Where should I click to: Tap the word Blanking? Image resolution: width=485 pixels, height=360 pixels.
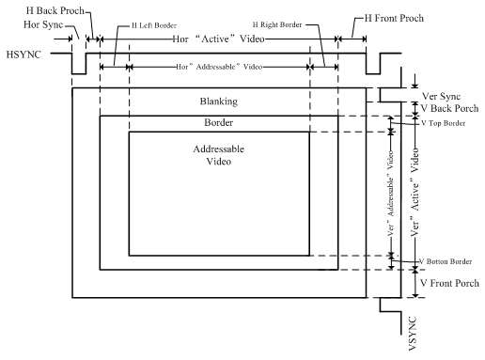pyautogui.click(x=218, y=102)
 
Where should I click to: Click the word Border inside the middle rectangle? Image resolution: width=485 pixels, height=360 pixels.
pyautogui.click(x=217, y=123)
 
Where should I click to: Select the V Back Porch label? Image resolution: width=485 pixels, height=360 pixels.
pyautogui.click(x=449, y=110)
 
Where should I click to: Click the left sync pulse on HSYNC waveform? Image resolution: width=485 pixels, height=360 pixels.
pyautogui.click(x=79, y=62)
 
